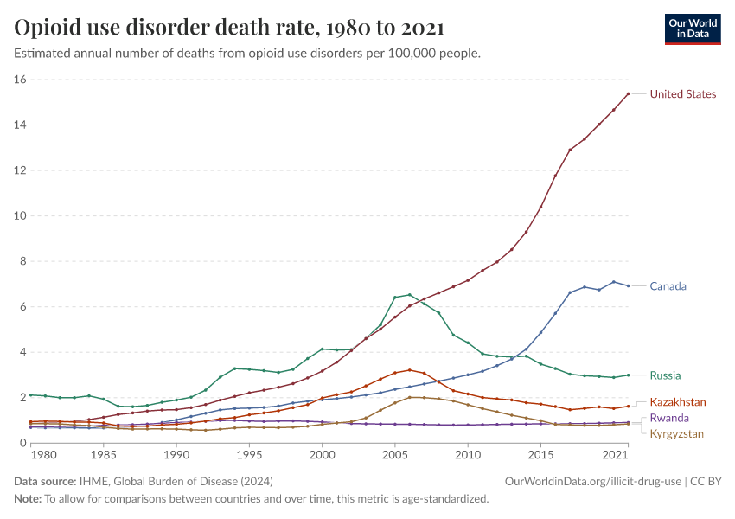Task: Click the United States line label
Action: pyautogui.click(x=682, y=94)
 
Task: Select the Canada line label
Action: pyautogui.click(x=668, y=286)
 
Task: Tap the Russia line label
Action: pyautogui.click(x=665, y=375)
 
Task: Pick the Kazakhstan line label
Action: pyautogui.click(x=678, y=402)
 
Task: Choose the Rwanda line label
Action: pyautogui.click(x=670, y=419)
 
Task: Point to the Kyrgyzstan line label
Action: pyautogui.click(x=677, y=434)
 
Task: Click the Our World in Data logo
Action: pyautogui.click(x=692, y=29)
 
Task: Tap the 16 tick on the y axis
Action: pyautogui.click(x=21, y=80)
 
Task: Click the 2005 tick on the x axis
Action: pyautogui.click(x=395, y=454)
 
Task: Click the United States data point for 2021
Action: pyautogui.click(x=629, y=93)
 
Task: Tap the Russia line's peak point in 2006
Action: pyautogui.click(x=410, y=295)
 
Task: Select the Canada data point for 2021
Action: pyautogui.click(x=629, y=285)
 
